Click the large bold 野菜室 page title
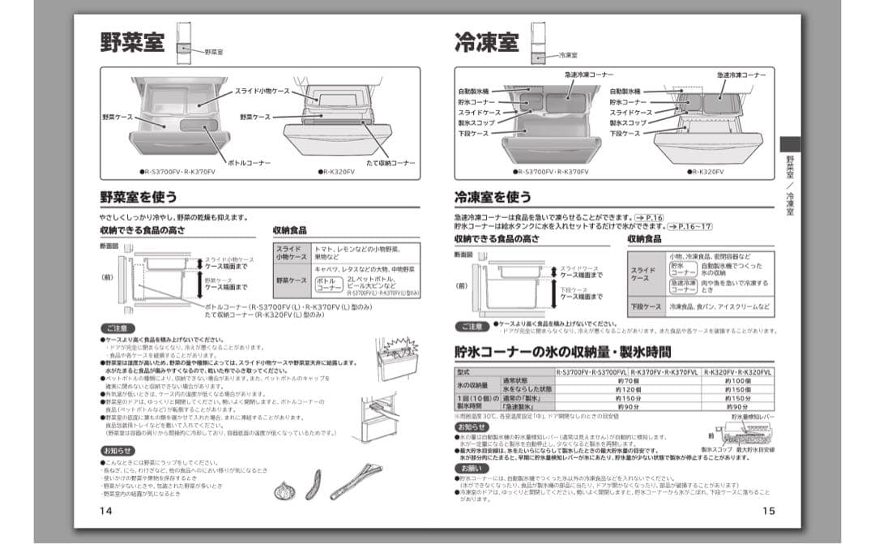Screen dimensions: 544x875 (x=133, y=43)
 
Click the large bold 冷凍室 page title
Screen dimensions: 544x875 (x=487, y=43)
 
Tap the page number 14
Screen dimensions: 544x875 (x=106, y=511)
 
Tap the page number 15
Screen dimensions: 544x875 (x=769, y=511)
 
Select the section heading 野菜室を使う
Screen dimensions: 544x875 (x=139, y=197)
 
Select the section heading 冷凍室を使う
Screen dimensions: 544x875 (x=493, y=197)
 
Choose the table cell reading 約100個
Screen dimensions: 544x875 (x=737, y=380)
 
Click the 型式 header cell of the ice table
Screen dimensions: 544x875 (x=463, y=371)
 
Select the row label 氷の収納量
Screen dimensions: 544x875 (x=473, y=384)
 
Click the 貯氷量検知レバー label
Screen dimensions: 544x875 (x=753, y=417)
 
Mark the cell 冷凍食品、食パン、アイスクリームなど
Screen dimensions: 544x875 (x=709, y=307)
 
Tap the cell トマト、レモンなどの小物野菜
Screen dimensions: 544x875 (x=356, y=249)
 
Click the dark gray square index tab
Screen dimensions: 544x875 (x=790, y=143)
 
